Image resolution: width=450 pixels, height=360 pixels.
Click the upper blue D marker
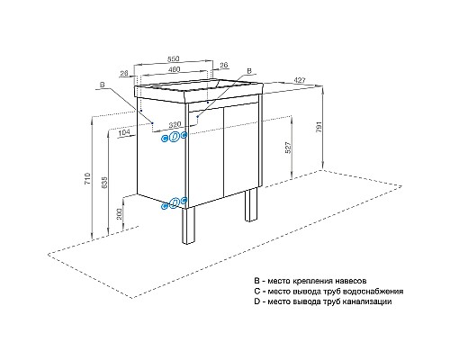click(x=175, y=137)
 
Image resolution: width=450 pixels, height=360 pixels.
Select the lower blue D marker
click(x=175, y=202)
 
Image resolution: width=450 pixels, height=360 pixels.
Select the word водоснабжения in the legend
click(x=372, y=292)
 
